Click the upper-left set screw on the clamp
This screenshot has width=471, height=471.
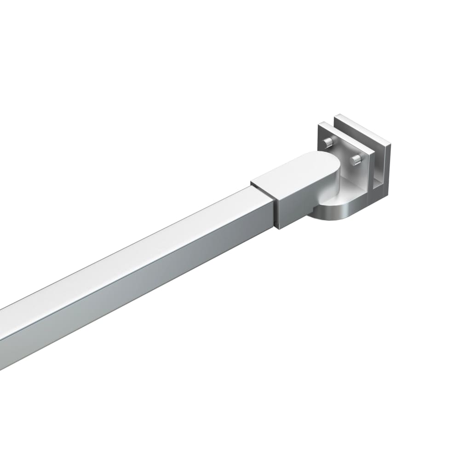pyautogui.click(x=327, y=142)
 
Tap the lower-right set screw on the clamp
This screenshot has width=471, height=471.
pyautogui.click(x=355, y=160)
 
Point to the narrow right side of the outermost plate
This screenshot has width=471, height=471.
pyautogui.click(x=386, y=166)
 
